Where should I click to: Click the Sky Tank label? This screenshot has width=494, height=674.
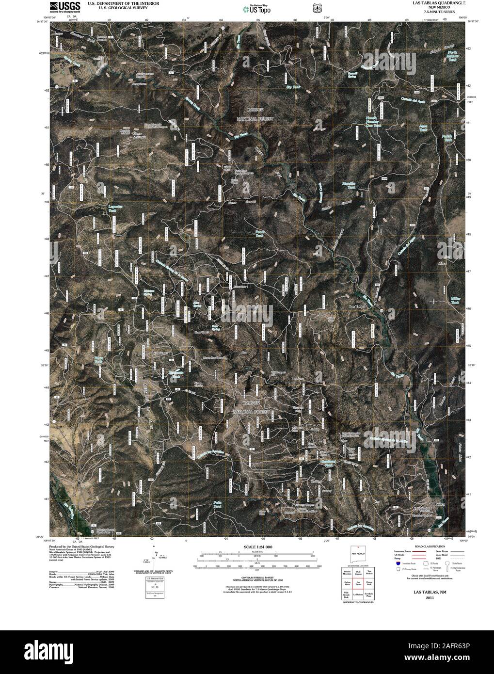coord(293,87)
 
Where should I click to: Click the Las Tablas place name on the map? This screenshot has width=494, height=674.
coord(357,306)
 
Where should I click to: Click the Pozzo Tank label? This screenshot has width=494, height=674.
coord(259,233)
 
